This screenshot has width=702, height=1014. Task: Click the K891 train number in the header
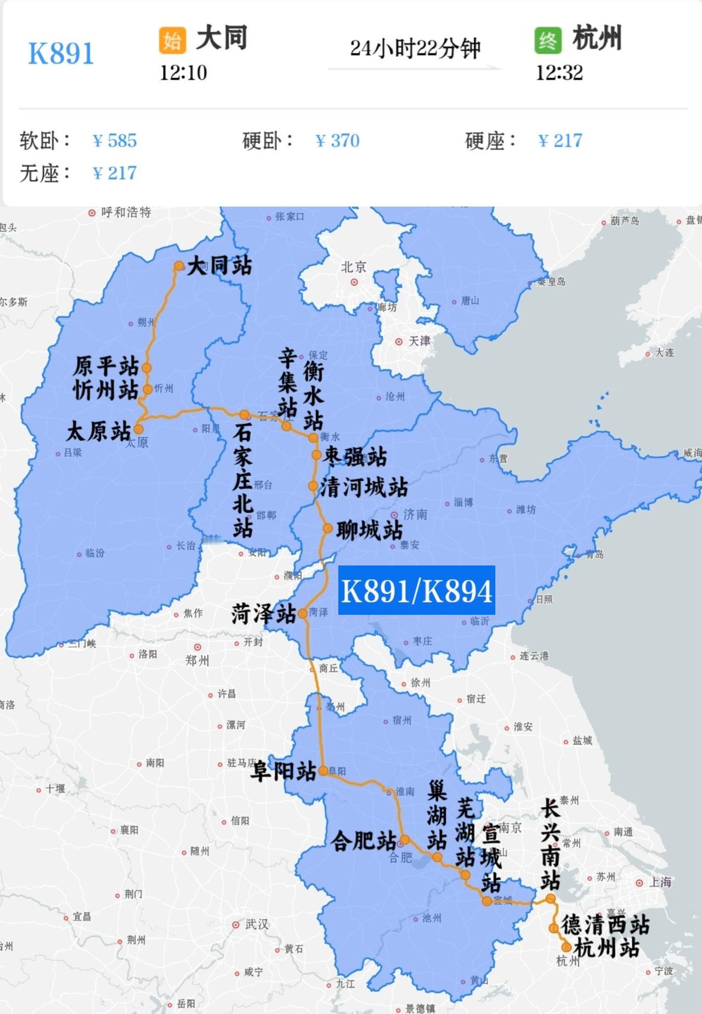click(61, 53)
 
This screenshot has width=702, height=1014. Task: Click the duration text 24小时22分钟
click(415, 49)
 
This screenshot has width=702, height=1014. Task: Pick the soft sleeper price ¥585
click(115, 141)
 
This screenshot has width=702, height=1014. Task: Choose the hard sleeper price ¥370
click(338, 141)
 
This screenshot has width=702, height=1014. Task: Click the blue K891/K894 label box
click(416, 590)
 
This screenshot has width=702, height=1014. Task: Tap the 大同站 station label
click(219, 266)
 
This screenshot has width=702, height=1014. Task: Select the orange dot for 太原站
click(138, 429)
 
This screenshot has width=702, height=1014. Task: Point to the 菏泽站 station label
click(264, 614)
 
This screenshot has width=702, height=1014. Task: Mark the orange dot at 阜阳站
click(324, 771)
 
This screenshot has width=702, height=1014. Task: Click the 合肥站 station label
click(364, 840)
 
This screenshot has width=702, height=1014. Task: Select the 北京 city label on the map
click(353, 267)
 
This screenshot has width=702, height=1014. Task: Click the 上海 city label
click(660, 882)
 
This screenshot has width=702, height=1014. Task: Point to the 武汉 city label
click(257, 924)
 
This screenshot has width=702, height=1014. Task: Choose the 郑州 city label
click(197, 660)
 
